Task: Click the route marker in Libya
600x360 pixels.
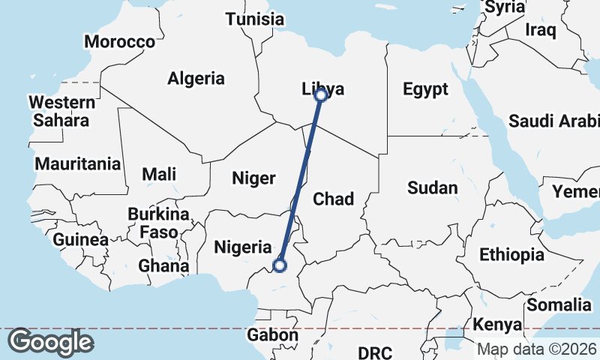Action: point(321,94)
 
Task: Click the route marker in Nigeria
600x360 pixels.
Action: point(280,265)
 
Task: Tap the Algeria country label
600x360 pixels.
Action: point(196,78)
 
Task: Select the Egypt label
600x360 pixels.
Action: point(425,89)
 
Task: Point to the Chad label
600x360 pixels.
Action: point(333,199)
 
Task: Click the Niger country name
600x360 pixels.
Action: point(254,178)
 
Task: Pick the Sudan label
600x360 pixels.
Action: point(433,187)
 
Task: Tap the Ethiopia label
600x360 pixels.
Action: point(511,254)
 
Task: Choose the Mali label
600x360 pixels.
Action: point(159,174)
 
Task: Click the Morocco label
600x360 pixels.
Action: point(119,41)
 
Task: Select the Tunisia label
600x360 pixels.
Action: point(255,19)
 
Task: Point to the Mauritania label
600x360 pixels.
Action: point(78,163)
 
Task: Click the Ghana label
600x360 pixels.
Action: point(163,265)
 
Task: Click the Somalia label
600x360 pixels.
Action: point(559,304)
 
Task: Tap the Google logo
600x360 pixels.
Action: point(50,342)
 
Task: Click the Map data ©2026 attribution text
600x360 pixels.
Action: point(537,349)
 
